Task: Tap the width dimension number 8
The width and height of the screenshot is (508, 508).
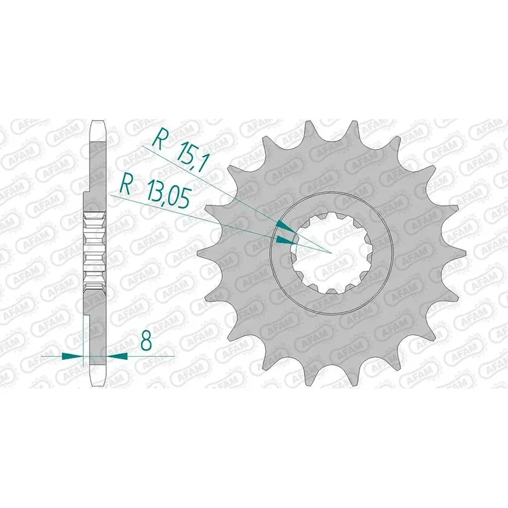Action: coord(147,340)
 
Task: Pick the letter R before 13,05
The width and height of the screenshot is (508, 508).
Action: coord(125,185)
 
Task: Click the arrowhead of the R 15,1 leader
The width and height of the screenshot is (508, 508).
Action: coord(286,226)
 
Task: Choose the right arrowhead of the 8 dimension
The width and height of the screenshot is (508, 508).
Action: coord(117,356)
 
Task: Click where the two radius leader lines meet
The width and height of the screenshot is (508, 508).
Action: coord(330,252)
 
